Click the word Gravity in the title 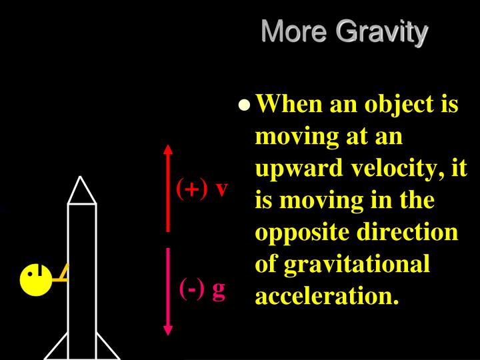coord(381,32)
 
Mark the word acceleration coord(327,295)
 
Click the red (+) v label coord(202,189)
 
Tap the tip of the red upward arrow coord(168,146)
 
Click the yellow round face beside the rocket coord(37,280)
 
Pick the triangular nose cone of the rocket coord(82,192)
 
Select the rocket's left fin coord(57,348)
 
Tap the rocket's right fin coord(107,348)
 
